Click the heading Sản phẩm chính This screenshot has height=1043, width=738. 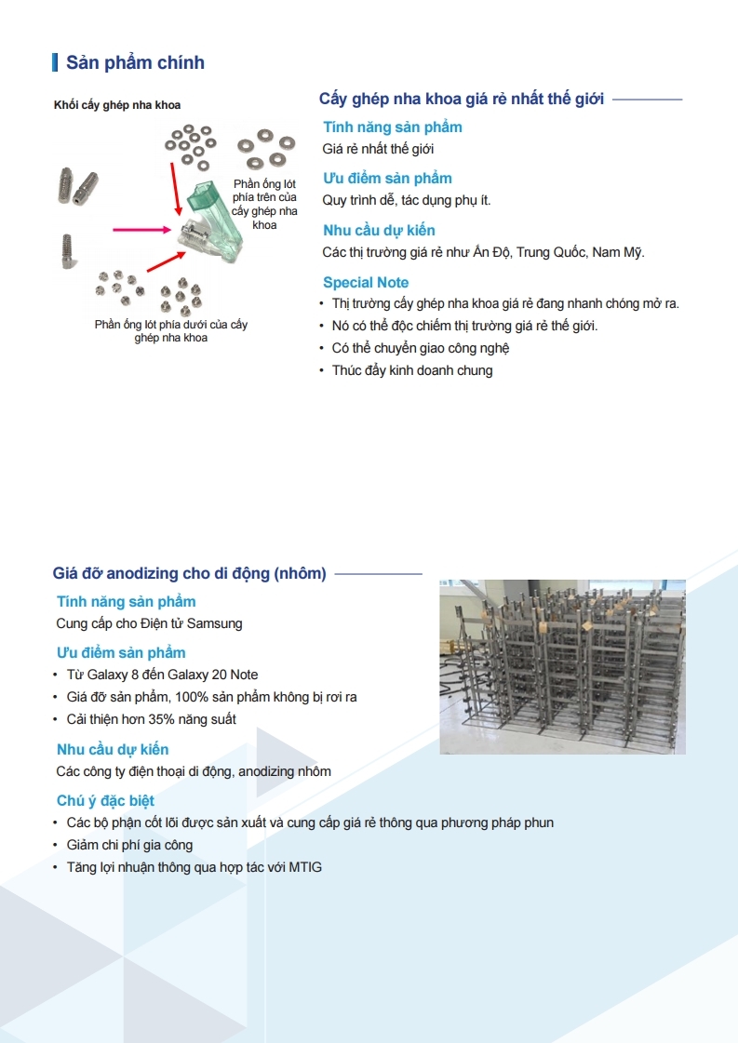click(135, 62)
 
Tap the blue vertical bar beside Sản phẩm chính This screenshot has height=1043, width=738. click(56, 62)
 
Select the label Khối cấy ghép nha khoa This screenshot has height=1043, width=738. click(117, 105)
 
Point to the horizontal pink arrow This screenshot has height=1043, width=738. click(145, 228)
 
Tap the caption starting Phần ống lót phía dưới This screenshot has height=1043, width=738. click(171, 331)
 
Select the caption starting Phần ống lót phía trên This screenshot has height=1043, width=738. click(264, 204)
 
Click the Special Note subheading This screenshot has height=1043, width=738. click(366, 282)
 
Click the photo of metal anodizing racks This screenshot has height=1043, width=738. click(562, 667)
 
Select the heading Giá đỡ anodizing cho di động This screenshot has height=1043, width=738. click(190, 573)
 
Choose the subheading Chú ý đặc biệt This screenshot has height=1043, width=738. click(105, 800)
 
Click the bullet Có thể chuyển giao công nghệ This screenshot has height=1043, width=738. click(421, 348)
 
